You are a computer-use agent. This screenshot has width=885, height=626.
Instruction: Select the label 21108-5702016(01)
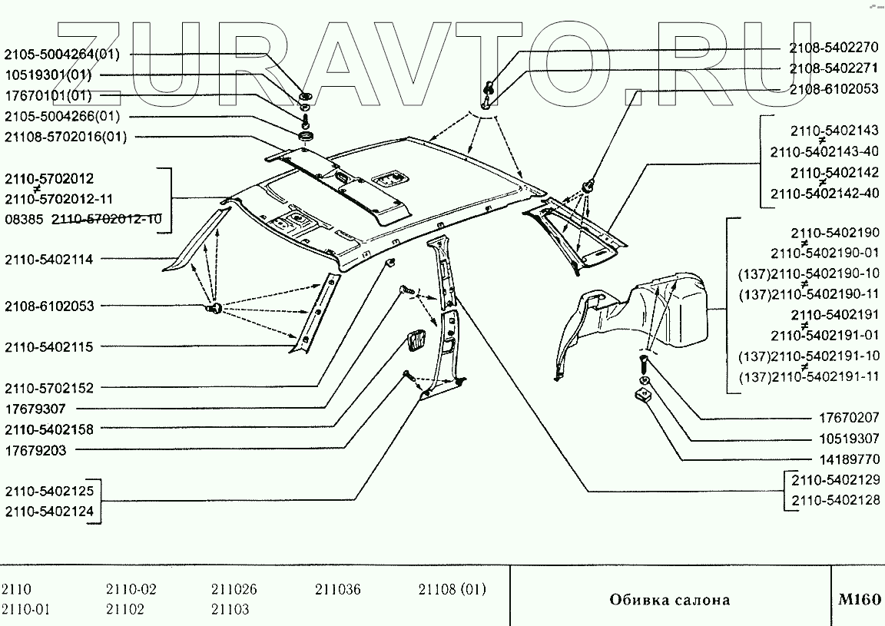tap(65, 137)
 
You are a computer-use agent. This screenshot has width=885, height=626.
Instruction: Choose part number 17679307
tap(35, 409)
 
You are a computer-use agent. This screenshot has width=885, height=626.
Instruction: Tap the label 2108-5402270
tap(834, 48)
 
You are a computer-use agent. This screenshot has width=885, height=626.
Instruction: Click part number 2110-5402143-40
tap(824, 152)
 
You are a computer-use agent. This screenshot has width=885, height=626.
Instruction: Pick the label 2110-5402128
tap(835, 500)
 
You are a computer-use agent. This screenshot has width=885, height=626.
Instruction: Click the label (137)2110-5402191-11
tap(808, 377)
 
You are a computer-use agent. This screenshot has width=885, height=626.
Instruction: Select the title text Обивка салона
tap(670, 600)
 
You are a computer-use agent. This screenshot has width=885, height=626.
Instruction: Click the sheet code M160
tap(858, 599)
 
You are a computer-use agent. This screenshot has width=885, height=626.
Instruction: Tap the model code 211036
tap(337, 590)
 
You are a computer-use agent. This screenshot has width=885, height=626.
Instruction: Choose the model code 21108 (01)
tap(452, 590)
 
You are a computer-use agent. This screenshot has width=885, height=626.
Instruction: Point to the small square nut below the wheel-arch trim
tap(643, 397)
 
